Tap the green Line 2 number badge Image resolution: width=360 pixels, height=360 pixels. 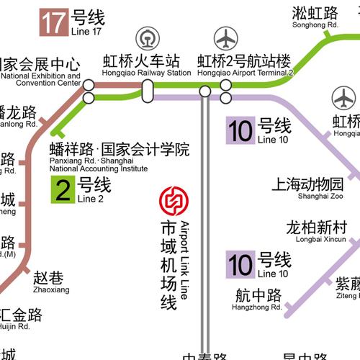(63, 189)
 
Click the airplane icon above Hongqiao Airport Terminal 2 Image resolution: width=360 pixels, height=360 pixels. (226, 37)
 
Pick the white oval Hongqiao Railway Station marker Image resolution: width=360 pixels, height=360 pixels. (148, 90)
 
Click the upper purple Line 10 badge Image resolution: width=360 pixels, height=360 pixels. (240, 130)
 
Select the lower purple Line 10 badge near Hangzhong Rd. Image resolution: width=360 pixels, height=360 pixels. (240, 264)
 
